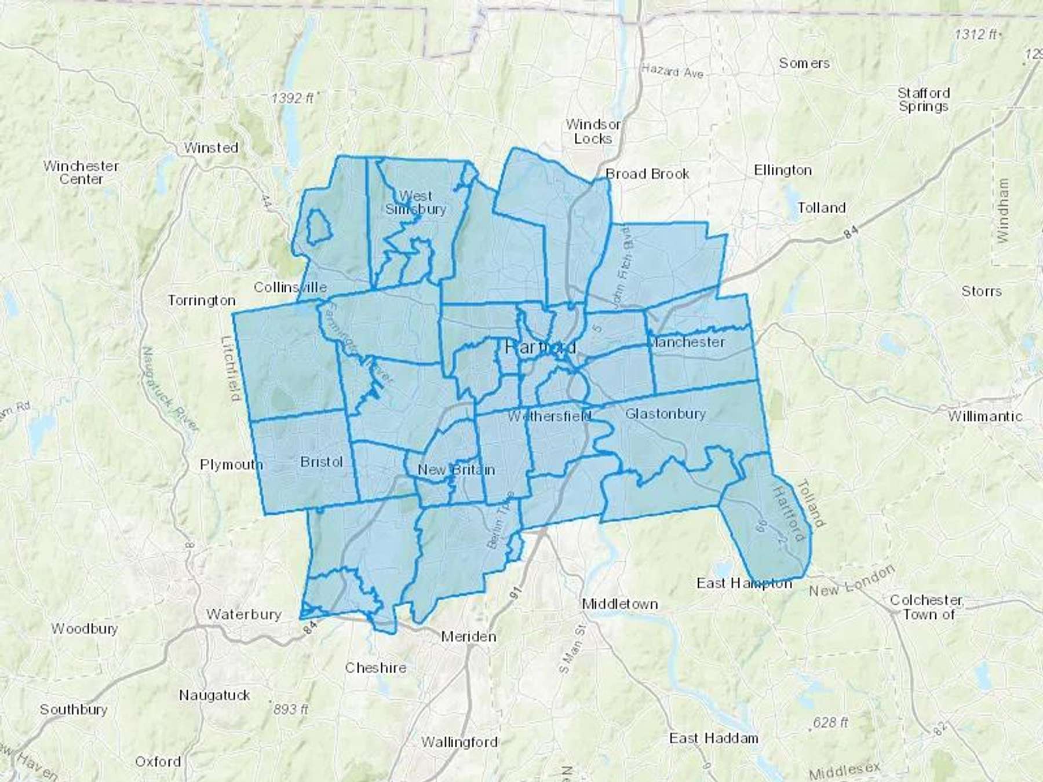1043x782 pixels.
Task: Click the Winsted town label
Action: tap(211, 148)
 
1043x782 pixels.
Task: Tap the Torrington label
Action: tap(202, 300)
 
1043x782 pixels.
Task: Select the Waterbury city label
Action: tap(244, 614)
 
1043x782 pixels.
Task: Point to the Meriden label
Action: tap(468, 637)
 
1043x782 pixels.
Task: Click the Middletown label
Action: tap(619, 604)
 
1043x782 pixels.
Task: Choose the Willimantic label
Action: tap(985, 416)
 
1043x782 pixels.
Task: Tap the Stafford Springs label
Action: tap(924, 100)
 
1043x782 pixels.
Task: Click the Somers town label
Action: tap(804, 63)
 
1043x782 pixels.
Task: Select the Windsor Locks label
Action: tap(593, 131)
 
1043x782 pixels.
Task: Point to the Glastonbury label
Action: tap(665, 414)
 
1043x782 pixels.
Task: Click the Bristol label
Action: tap(322, 462)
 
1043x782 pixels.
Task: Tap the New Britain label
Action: tap(456, 470)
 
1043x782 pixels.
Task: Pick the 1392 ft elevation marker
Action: tap(293, 98)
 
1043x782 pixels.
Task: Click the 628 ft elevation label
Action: tap(829, 722)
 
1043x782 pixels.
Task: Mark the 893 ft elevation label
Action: tap(290, 709)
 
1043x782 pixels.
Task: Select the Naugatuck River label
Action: tap(170, 389)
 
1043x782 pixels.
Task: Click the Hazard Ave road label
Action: tap(672, 72)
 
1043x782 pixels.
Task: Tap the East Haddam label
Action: tap(713, 738)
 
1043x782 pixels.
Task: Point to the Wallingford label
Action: tap(459, 741)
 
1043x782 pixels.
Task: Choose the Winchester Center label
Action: tap(81, 173)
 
